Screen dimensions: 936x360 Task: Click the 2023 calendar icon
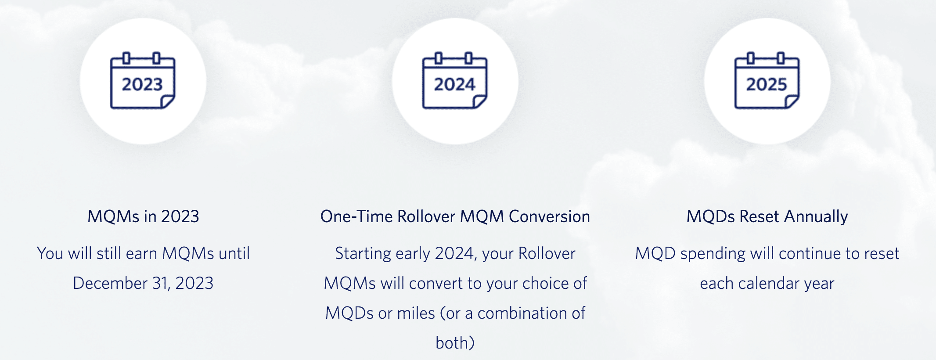click(x=143, y=81)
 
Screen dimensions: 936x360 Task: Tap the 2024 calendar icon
click(x=455, y=81)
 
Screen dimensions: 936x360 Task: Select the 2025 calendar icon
click(x=767, y=81)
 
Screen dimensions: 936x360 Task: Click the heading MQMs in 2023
click(x=143, y=216)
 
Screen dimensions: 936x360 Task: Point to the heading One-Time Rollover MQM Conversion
click(x=455, y=216)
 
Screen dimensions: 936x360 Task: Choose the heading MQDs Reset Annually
click(x=767, y=217)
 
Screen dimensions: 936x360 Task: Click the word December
click(x=110, y=283)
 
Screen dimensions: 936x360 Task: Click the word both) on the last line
click(x=455, y=343)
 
